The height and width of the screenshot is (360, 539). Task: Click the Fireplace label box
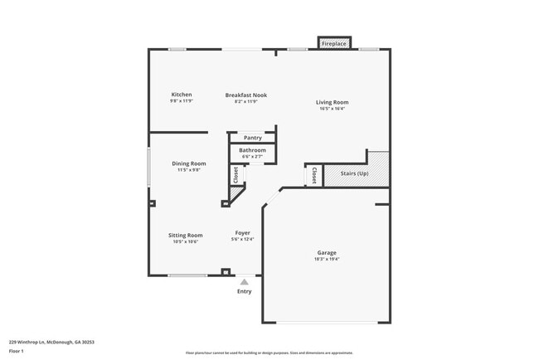coord(334,43)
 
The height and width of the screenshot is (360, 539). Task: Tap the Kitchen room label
coord(182,95)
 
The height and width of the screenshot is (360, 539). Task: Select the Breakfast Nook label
coord(245,95)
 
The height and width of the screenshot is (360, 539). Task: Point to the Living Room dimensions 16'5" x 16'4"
coord(332,109)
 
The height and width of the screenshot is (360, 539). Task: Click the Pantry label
coord(252,138)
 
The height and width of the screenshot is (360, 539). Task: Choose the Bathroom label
coord(252,150)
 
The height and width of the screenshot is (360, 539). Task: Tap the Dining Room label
coord(189,163)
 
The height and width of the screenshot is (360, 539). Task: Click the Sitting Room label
coord(186,235)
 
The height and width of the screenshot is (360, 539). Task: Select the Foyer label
coord(242,233)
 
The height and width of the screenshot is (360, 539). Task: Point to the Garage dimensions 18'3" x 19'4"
coord(326,259)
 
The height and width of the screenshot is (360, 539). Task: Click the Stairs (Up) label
coord(354,173)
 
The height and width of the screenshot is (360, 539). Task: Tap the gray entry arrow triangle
coord(244,282)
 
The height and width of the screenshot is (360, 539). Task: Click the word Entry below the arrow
coord(244,291)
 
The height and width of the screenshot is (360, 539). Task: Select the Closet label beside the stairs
coord(314,175)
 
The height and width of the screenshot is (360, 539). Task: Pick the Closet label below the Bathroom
coord(236,174)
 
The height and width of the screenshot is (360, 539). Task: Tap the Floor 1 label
coord(17,352)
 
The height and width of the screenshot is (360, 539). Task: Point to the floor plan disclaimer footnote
coord(269,353)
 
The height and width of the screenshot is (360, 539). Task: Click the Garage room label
coord(326,252)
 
